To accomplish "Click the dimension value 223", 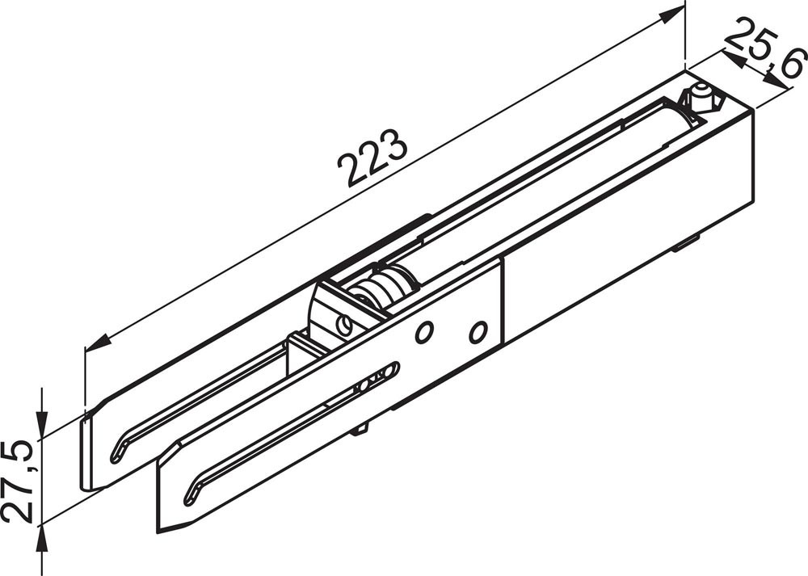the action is click(x=372, y=158).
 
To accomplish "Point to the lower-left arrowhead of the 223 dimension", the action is click(x=98, y=342).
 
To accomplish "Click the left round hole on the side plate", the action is click(x=424, y=332).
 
